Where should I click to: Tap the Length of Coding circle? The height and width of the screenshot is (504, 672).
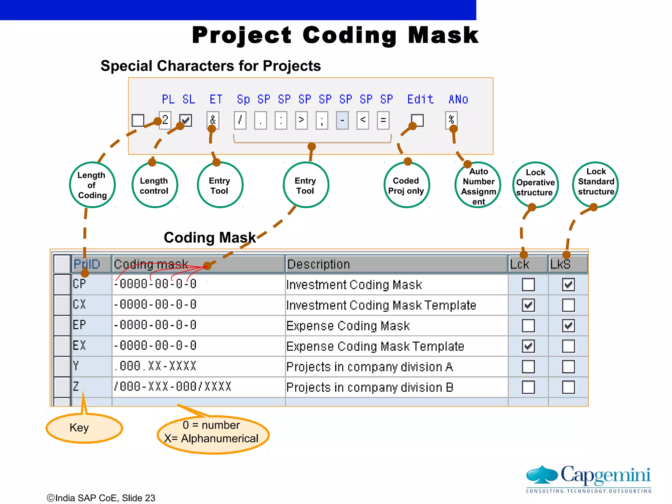click(92, 185)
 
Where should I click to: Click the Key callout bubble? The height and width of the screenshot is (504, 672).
click(84, 428)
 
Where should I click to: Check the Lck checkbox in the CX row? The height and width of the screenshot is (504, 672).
click(528, 305)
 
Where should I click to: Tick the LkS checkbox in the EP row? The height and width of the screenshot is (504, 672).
click(568, 325)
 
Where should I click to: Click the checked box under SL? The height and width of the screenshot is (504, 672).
click(185, 120)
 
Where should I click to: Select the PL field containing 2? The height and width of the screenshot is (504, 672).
click(165, 120)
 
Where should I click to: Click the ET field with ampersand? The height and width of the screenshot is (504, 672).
click(213, 120)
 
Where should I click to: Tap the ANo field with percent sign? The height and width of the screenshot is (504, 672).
click(451, 120)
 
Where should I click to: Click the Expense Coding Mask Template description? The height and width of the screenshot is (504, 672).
click(375, 346)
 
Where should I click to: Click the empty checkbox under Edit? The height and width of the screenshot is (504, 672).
click(417, 120)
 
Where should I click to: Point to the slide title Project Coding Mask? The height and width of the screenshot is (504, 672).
click(335, 35)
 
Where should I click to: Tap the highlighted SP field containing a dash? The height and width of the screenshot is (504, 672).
click(342, 120)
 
